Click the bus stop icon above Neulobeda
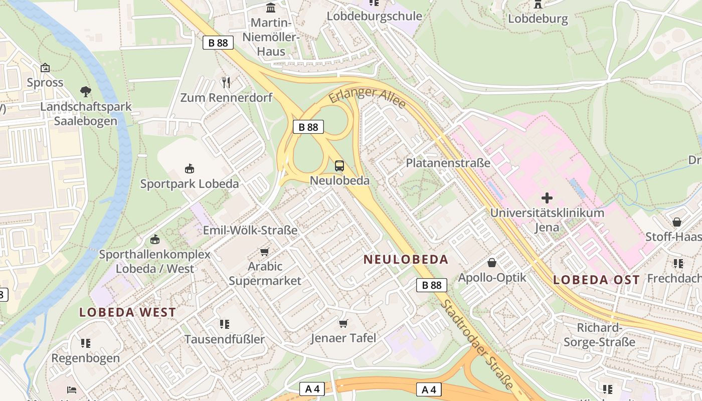[x=339, y=166]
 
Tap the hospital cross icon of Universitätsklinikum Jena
[x=547, y=198]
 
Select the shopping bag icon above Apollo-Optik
[x=492, y=263]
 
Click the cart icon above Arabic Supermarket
[x=265, y=252]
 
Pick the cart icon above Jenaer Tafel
[x=343, y=323]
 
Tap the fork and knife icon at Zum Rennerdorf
[x=226, y=82]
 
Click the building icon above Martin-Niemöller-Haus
[x=271, y=8]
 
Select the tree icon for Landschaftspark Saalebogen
[x=86, y=92]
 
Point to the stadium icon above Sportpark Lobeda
[x=190, y=169]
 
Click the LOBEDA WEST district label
[x=128, y=312]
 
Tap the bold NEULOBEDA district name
[x=406, y=259]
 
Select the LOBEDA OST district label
[x=596, y=280]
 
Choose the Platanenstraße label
[x=448, y=163]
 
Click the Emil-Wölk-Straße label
[x=250, y=230]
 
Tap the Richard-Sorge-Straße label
[x=599, y=335]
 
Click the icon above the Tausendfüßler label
[x=225, y=324]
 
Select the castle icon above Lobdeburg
[x=538, y=5]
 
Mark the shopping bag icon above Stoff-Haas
[x=677, y=222]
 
